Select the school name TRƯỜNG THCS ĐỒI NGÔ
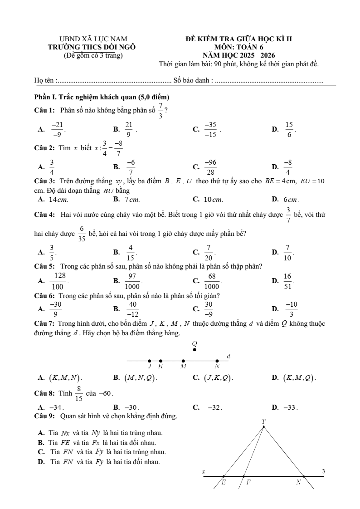[x=92, y=47]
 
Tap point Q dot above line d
[x=195, y=350]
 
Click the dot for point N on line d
[x=217, y=361]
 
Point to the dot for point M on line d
[x=183, y=361]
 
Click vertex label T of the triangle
[x=263, y=421]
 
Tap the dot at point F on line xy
[x=244, y=476]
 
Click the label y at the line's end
[x=324, y=471]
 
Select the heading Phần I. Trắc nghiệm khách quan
[x=102, y=98]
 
